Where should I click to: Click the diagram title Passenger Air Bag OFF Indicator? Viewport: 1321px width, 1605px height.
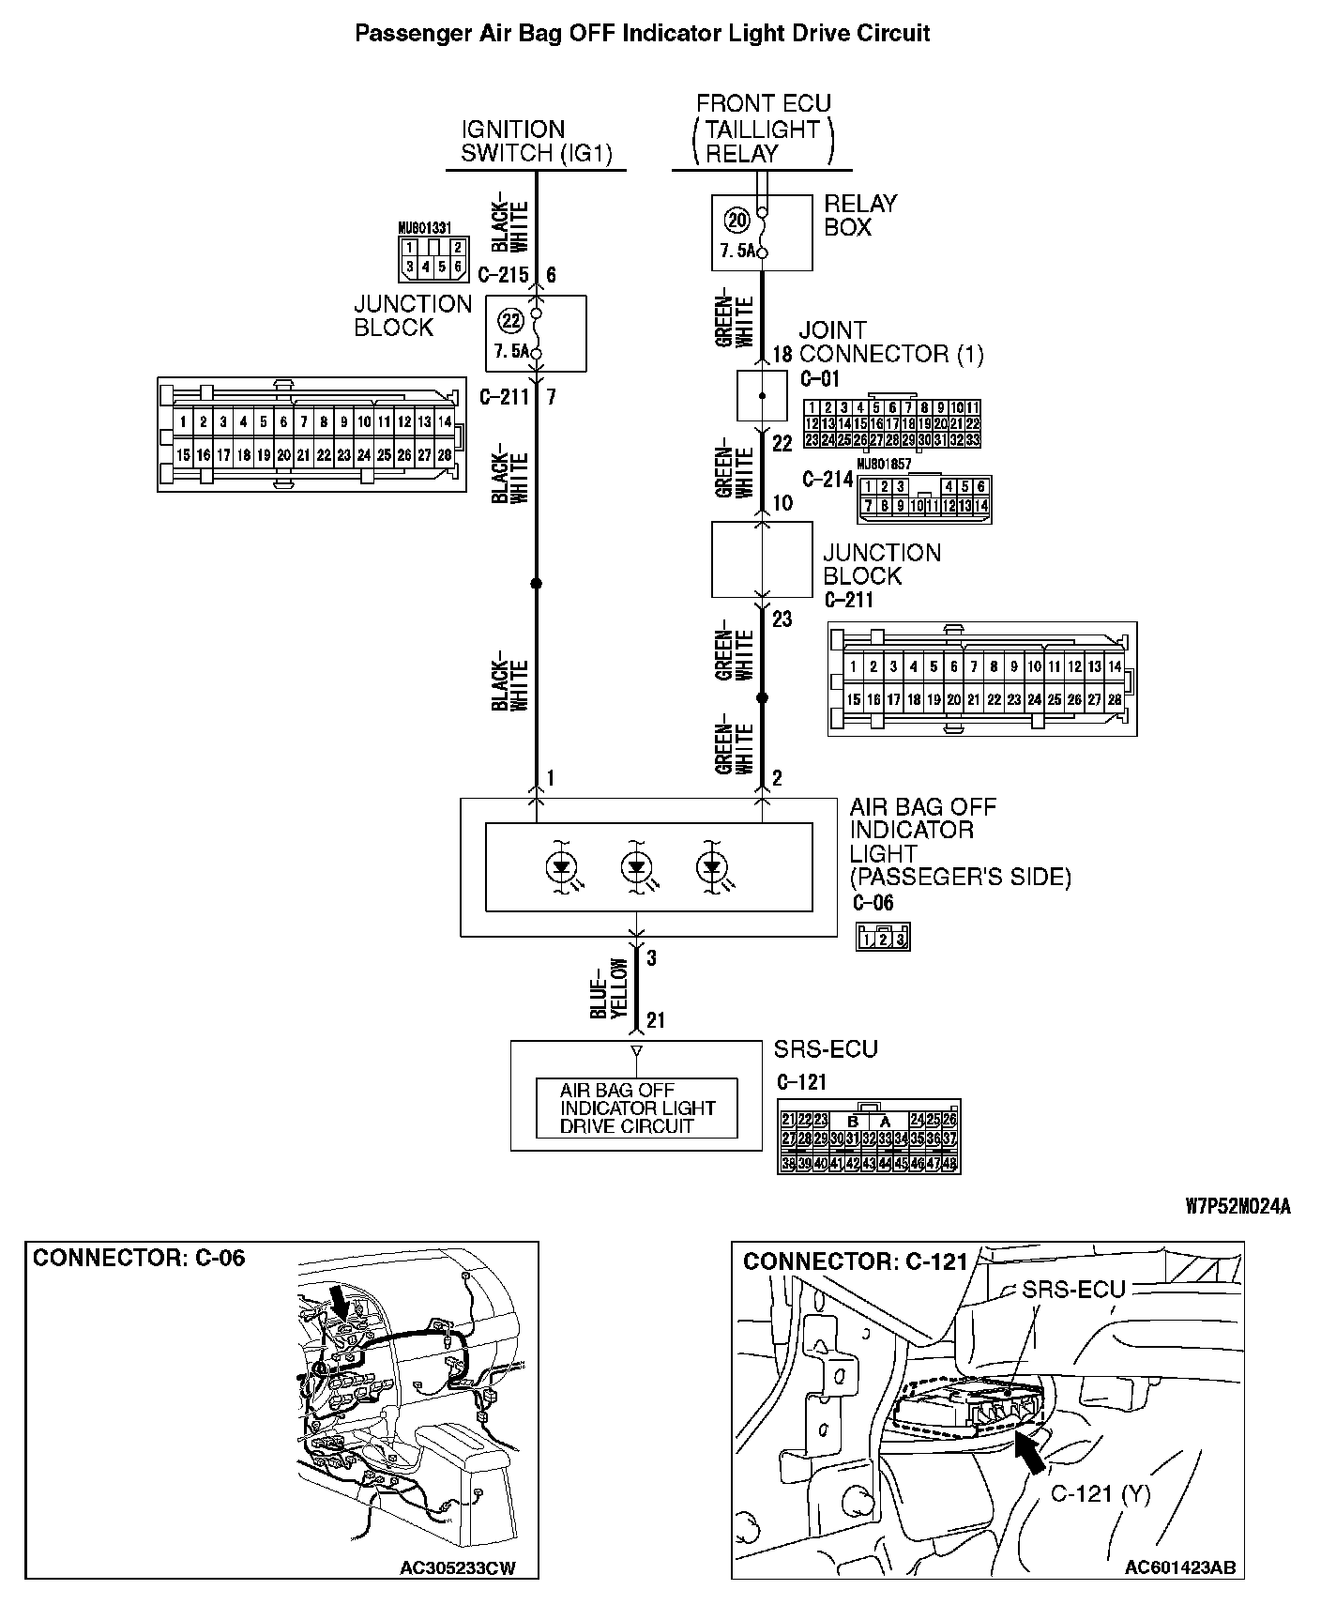click(x=642, y=34)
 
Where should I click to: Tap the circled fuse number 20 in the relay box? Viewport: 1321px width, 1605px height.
click(x=737, y=221)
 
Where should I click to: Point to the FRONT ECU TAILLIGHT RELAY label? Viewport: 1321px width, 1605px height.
click(x=762, y=129)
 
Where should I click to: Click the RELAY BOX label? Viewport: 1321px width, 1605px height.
click(x=859, y=215)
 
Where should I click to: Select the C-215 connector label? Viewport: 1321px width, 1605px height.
click(x=504, y=275)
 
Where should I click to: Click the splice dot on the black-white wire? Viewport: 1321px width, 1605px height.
click(x=537, y=584)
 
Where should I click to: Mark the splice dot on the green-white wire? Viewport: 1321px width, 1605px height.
click(x=762, y=698)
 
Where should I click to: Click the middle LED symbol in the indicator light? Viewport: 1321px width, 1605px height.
click(x=636, y=866)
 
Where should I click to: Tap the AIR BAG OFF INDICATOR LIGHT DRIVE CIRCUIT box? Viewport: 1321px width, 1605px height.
click(x=637, y=1108)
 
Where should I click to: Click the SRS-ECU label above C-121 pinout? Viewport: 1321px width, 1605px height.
click(x=826, y=1048)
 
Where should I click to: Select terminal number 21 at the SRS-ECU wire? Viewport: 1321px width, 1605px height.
click(x=656, y=1020)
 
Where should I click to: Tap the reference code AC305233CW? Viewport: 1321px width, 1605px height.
click(x=458, y=1568)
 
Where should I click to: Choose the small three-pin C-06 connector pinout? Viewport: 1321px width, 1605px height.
click(x=883, y=937)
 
